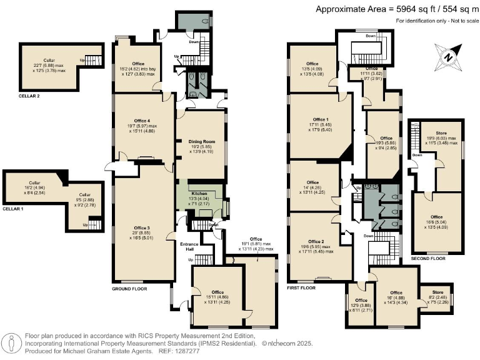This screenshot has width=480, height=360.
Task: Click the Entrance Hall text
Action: point(188,246)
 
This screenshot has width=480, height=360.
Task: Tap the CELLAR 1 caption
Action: point(14,209)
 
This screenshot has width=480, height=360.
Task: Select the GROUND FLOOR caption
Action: point(129,290)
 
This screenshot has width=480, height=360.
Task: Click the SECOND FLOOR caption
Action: point(428,258)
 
